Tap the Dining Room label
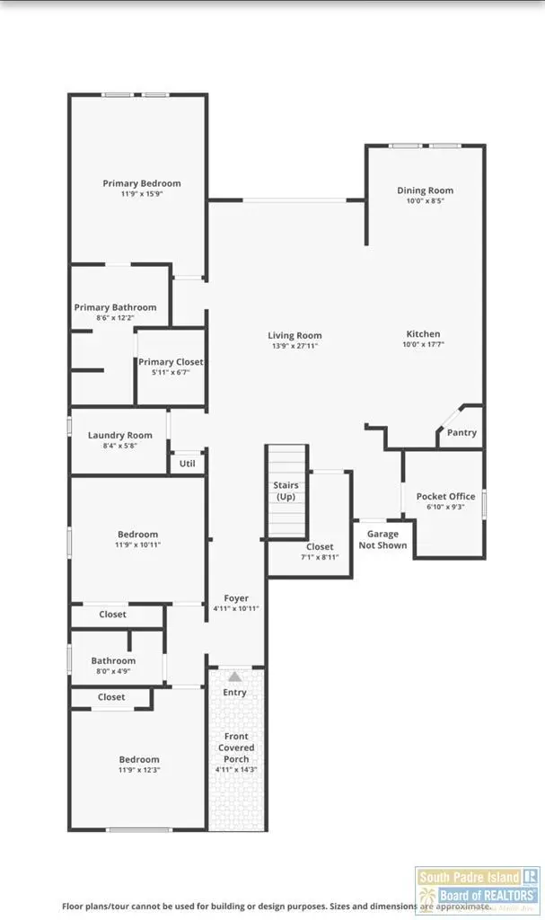click(x=426, y=190)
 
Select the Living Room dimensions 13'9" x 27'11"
click(x=295, y=346)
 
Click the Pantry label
click(x=461, y=433)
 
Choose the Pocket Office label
click(x=445, y=497)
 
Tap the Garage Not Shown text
click(x=383, y=539)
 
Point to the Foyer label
click(x=236, y=598)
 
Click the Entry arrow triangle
click(x=234, y=676)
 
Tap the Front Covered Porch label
click(x=236, y=747)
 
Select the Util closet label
click(x=187, y=464)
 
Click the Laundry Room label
click(x=120, y=435)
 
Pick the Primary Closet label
click(x=171, y=362)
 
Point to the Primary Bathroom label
click(x=115, y=307)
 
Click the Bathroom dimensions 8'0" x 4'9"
click(x=113, y=670)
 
